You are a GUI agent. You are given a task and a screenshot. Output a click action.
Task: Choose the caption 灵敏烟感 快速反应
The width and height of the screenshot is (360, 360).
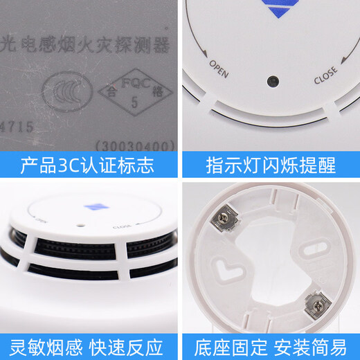(89, 343)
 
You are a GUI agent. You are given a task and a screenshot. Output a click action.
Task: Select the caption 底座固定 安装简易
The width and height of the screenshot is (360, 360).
(270, 343)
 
